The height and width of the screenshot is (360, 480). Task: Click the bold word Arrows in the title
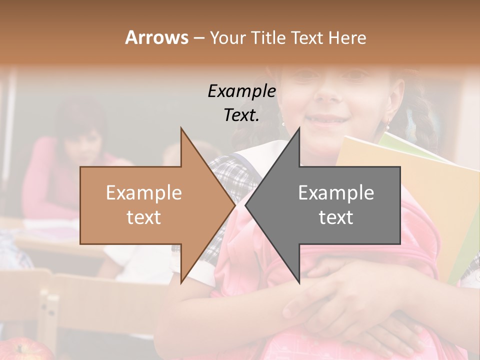pyautogui.click(x=156, y=37)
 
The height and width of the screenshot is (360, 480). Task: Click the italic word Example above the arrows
pyautogui.click(x=241, y=91)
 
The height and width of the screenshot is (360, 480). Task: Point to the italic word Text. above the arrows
pyautogui.click(x=241, y=115)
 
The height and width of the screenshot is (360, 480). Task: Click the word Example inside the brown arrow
pyautogui.click(x=144, y=192)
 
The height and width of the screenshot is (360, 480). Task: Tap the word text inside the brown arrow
pyautogui.click(x=144, y=217)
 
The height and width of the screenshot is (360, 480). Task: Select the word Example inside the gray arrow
pyautogui.click(x=336, y=192)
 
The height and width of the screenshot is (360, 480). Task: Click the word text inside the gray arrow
pyautogui.click(x=336, y=217)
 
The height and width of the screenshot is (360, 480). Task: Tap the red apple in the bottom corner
pyautogui.click(x=20, y=350)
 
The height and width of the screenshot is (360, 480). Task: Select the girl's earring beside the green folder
pyautogui.click(x=387, y=125)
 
